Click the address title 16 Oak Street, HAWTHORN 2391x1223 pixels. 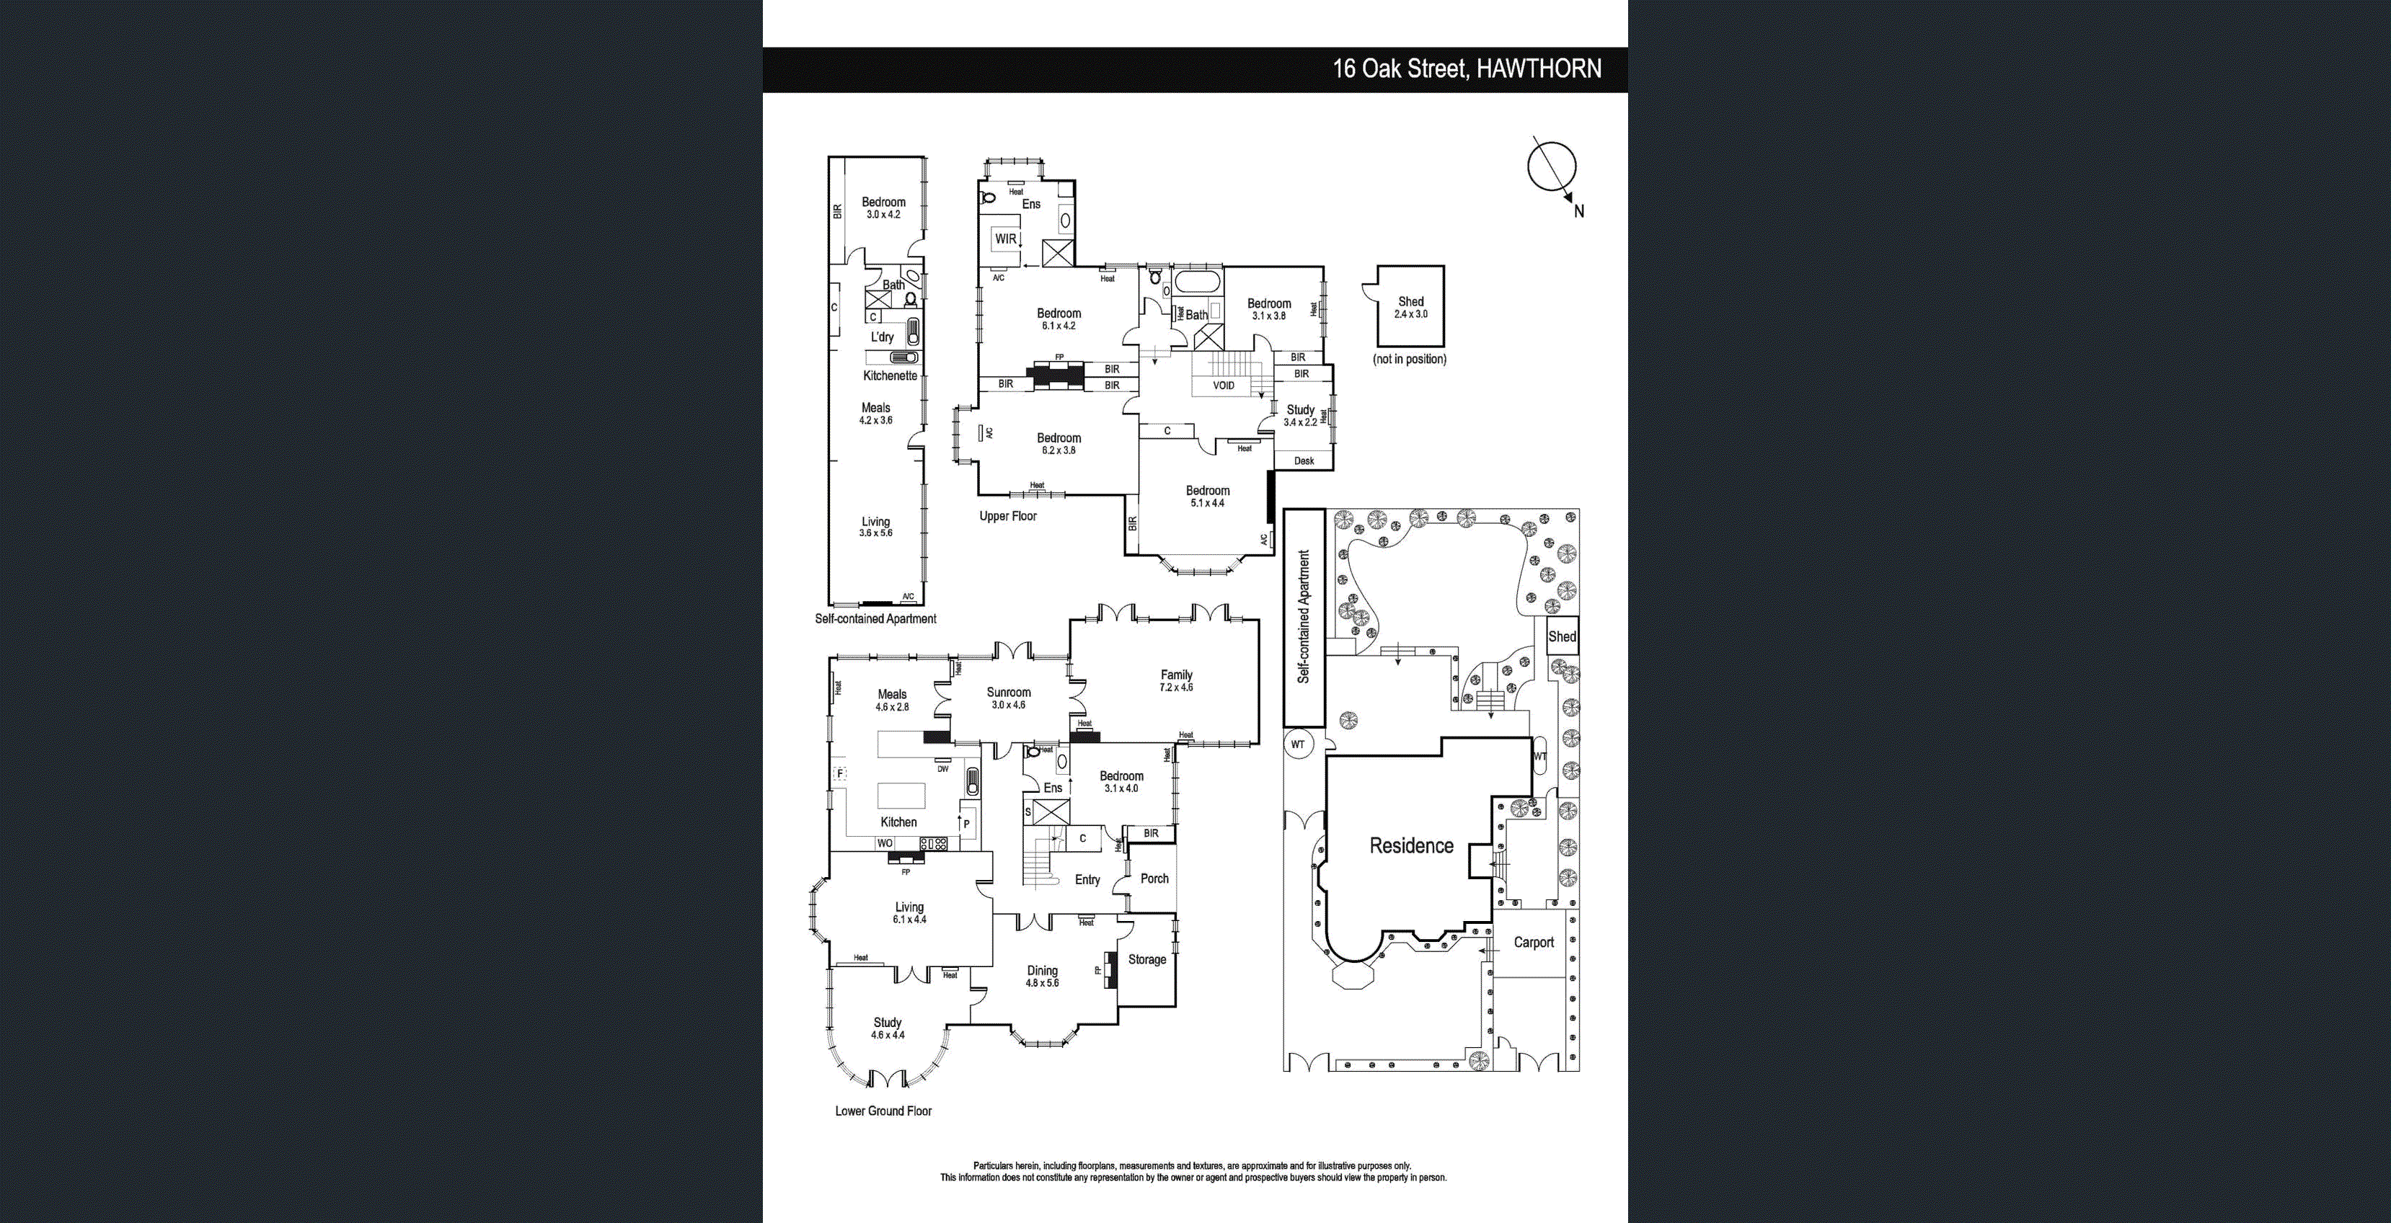click(1467, 68)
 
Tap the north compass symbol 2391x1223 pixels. click(1552, 169)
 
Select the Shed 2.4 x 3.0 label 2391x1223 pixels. click(1410, 307)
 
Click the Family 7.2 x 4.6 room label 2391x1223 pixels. click(1176, 681)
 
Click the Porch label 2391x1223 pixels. click(1154, 879)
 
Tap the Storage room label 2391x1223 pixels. click(1146, 959)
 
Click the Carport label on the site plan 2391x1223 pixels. click(1534, 943)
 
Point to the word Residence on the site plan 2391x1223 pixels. click(1411, 845)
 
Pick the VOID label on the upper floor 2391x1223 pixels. click(1224, 385)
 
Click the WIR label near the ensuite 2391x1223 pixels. click(1005, 239)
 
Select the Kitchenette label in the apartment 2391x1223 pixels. click(890, 375)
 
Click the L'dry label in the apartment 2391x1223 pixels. click(882, 337)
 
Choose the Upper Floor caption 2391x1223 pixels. click(1008, 516)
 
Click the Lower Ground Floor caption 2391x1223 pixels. click(883, 1111)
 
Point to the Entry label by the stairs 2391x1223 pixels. click(1087, 880)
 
